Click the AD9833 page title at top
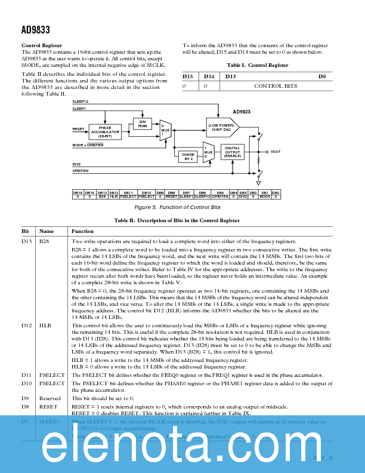(36, 29)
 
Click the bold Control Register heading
(42, 46)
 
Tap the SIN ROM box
(142, 123)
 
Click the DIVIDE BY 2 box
(188, 156)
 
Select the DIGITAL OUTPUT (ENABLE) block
(233, 152)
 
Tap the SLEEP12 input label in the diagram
(81, 102)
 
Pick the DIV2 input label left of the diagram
(76, 164)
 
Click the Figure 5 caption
(177, 207)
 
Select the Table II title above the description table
(177, 220)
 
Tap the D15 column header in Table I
(188, 76)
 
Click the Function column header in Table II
(82, 231)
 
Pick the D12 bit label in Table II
(27, 325)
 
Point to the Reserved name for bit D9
(50, 398)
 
